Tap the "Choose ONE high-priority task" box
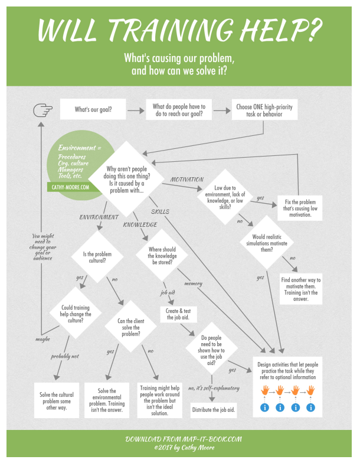tap(264, 110)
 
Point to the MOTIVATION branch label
tap(187, 180)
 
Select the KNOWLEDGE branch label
tap(140, 224)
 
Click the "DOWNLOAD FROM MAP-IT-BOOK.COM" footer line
tap(184, 439)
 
